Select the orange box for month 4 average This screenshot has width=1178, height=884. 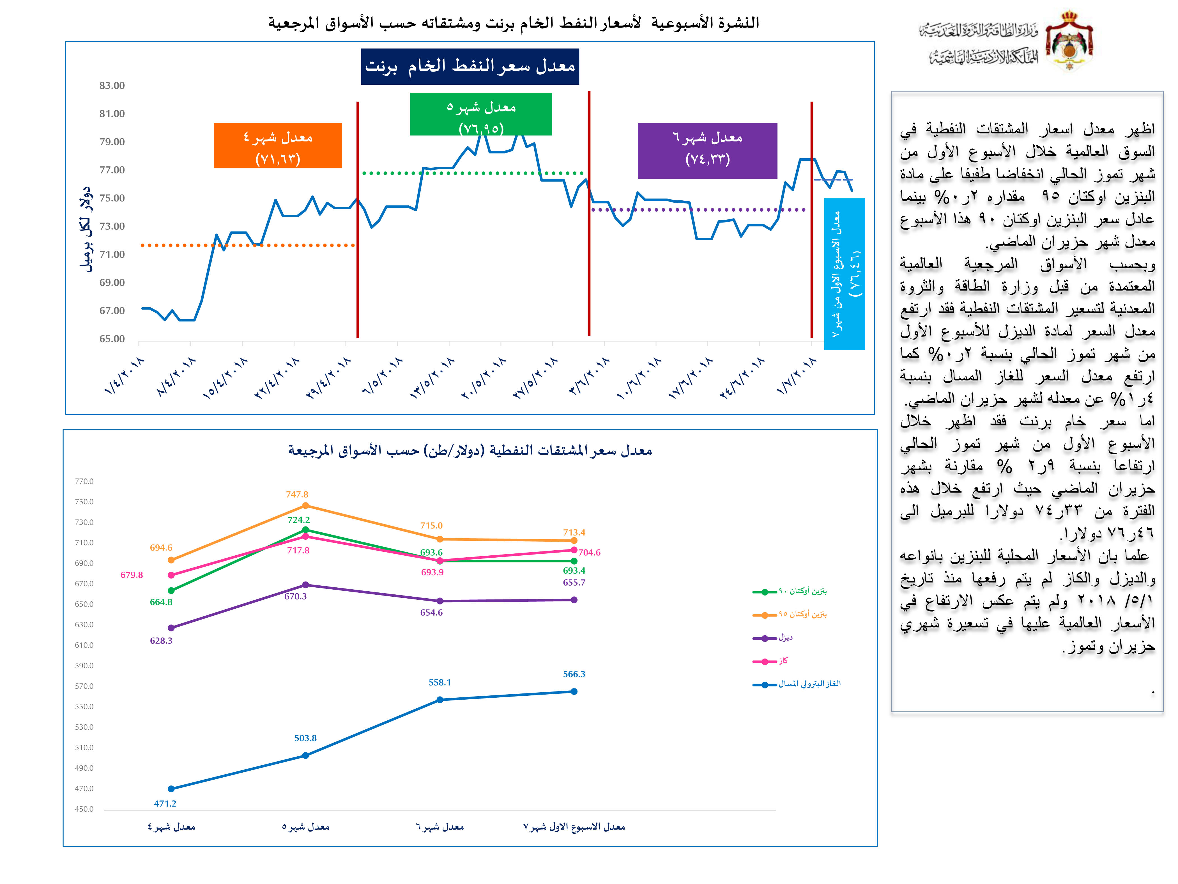coord(277,145)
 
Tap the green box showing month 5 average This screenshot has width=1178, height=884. coord(481,114)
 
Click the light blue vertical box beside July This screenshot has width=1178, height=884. coord(844,274)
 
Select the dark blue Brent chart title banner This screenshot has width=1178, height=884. coord(470,67)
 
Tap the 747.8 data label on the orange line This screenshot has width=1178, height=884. coord(297,494)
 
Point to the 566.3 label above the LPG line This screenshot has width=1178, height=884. coord(574,674)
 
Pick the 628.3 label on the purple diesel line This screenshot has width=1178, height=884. coord(161,640)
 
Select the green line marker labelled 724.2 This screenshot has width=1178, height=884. coord(305,530)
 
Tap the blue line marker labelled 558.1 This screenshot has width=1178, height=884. coord(440,700)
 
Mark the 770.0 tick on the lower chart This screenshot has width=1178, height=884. coord(84,481)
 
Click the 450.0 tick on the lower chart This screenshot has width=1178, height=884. coord(84,809)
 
